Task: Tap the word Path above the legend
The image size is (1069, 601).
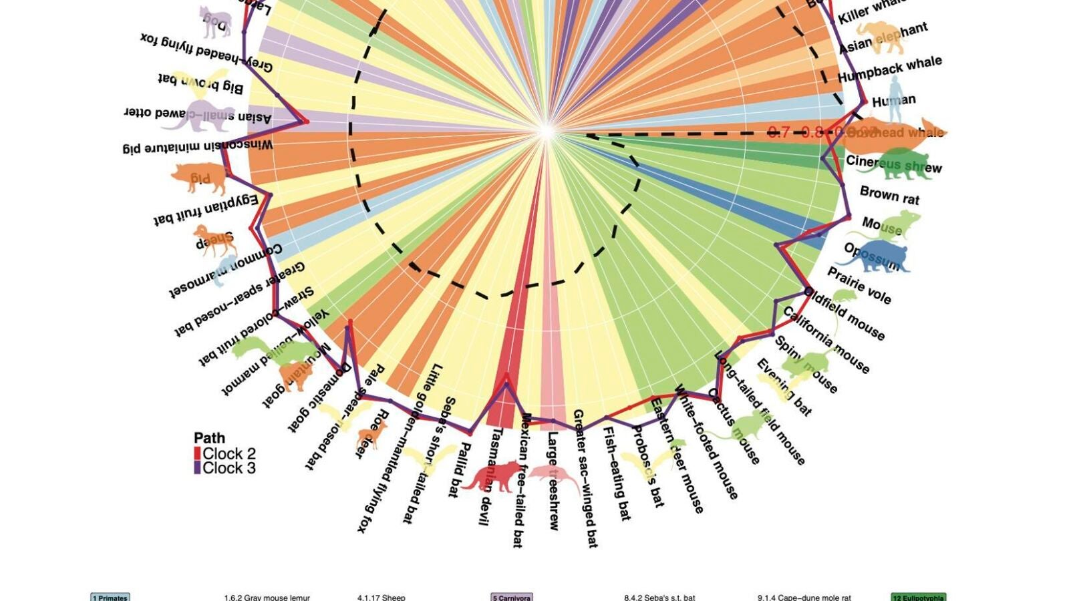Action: click(x=209, y=438)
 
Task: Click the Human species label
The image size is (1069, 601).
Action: click(x=894, y=101)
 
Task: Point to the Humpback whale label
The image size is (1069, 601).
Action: click(x=889, y=69)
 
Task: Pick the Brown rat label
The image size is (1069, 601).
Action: click(x=889, y=195)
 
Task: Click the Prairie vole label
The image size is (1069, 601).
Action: click(x=859, y=286)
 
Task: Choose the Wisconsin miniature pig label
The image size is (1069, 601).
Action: click(x=198, y=146)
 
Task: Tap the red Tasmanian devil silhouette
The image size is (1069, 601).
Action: click(x=493, y=475)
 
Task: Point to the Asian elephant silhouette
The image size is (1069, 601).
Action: click(x=882, y=37)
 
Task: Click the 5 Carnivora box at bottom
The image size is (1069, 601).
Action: click(x=512, y=598)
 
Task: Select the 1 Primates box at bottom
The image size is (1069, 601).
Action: click(x=110, y=598)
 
